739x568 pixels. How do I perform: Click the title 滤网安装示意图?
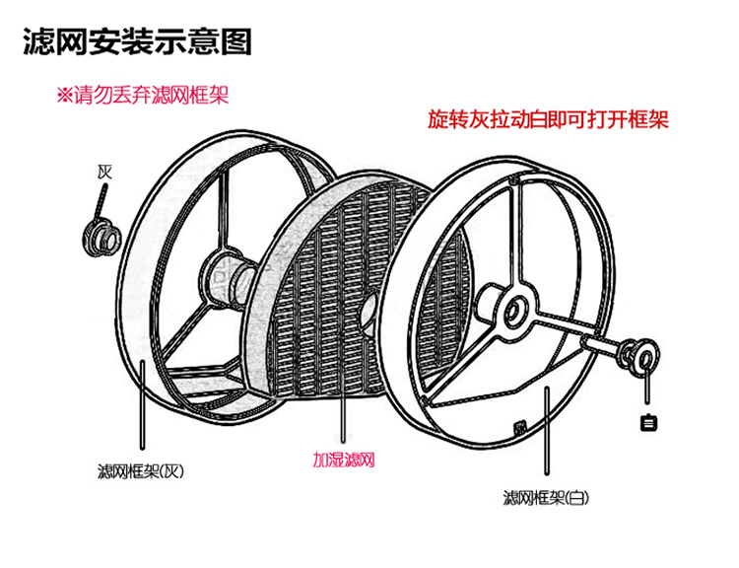coord(137,42)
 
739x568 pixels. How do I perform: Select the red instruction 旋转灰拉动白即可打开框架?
coord(548,120)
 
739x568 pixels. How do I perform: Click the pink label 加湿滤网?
coord(343,461)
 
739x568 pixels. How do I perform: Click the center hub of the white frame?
coord(514,314)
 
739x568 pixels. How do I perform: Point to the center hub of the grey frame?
coord(222,278)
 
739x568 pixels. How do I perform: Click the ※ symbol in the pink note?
coord(64,96)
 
